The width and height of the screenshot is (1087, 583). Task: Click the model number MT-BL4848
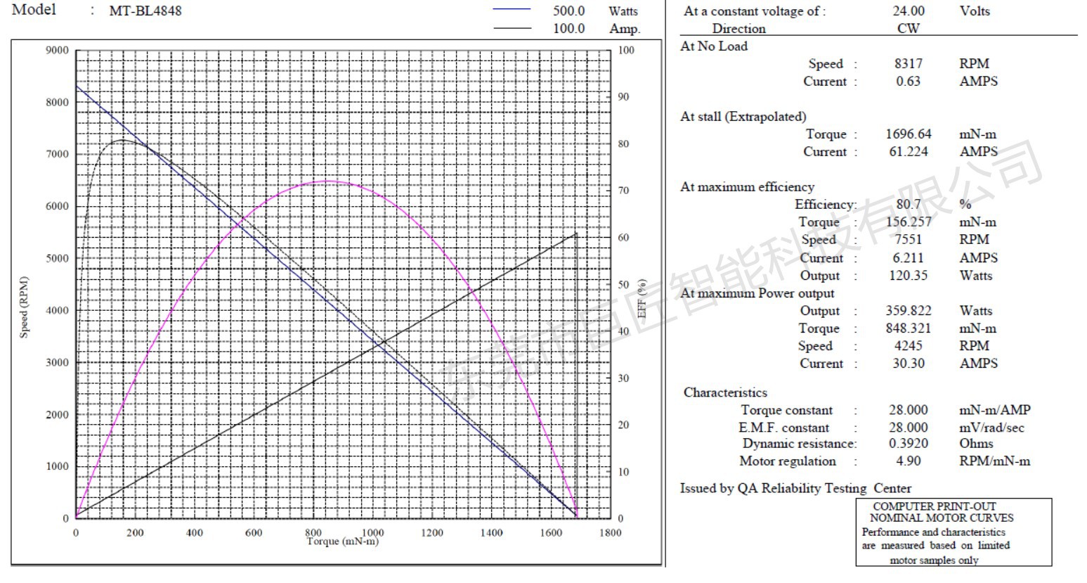tap(145, 11)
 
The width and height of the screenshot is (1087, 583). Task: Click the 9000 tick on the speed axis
tap(58, 50)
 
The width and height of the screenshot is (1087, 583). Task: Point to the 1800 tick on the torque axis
tap(610, 532)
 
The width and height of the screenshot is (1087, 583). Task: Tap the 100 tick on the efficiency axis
tap(626, 50)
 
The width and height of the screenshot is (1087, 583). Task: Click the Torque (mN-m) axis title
tap(342, 542)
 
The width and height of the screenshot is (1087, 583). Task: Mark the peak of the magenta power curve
tap(327, 181)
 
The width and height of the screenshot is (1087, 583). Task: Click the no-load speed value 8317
tap(908, 63)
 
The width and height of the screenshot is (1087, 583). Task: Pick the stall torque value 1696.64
tap(908, 134)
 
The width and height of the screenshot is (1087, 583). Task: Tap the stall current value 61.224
tap(908, 151)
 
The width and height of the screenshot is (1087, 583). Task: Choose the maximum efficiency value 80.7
tap(908, 204)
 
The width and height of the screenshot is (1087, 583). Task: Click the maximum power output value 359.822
tap(908, 310)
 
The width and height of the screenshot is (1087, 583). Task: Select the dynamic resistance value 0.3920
tap(908, 444)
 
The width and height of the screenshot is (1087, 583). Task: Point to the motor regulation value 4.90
tap(908, 461)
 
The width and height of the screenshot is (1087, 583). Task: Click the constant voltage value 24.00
tap(908, 11)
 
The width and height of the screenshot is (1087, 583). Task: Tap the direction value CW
tap(908, 28)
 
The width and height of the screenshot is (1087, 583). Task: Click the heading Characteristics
tap(725, 392)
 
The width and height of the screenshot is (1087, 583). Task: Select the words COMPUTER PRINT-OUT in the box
tap(934, 506)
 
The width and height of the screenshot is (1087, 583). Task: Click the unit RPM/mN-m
tap(994, 461)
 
